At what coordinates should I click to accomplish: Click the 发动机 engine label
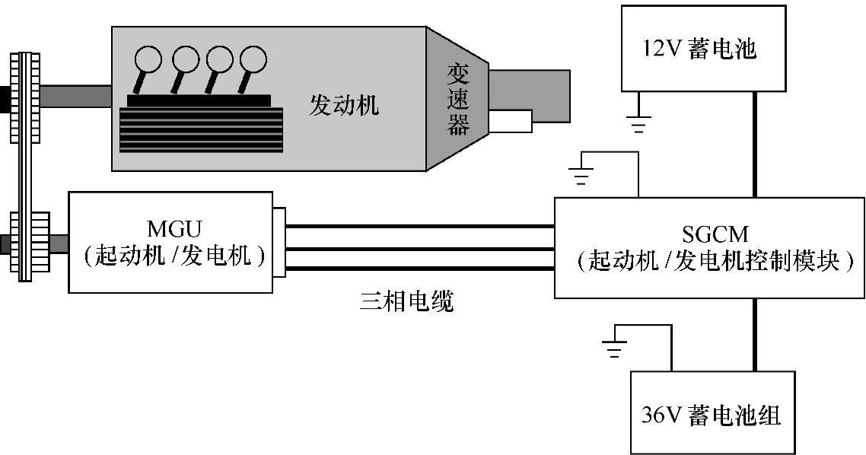pos(344,104)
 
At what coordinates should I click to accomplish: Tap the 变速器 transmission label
pos(458,99)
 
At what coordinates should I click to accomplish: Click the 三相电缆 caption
pos(407,302)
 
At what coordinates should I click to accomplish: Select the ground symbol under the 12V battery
pos(638,123)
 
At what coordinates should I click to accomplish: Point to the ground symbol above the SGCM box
pos(580,175)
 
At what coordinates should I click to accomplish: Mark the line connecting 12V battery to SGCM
pos(754,144)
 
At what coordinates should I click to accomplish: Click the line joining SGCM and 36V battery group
pos(754,335)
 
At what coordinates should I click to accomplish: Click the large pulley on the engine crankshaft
pos(26,97)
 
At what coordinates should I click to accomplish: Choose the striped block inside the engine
pos(201,130)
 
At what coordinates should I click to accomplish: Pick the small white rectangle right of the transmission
pos(511,122)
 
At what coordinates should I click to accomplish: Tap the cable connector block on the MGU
pos(279,243)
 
